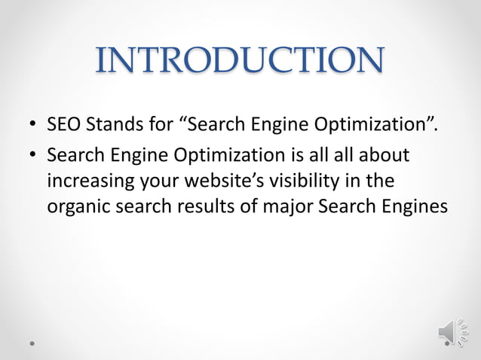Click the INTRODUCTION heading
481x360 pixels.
click(240, 61)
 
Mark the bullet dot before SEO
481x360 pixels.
click(33, 125)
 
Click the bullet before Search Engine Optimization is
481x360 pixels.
click(33, 157)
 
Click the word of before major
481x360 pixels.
click(244, 206)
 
